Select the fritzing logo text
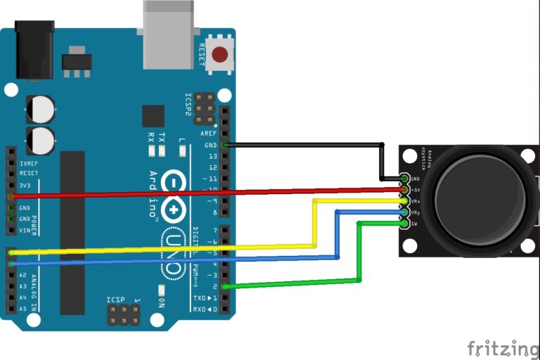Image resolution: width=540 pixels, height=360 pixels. click(503, 347)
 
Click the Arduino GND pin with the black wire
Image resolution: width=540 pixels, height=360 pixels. click(224, 145)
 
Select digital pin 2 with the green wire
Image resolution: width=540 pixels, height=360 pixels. click(224, 286)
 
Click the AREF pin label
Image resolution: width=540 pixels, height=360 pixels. click(209, 134)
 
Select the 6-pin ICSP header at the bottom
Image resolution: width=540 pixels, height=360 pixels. click(124, 314)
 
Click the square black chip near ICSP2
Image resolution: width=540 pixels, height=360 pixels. click(153, 116)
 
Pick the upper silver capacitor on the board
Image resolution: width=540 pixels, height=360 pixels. click(41, 108)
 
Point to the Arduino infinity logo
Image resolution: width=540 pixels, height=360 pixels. click(172, 196)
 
